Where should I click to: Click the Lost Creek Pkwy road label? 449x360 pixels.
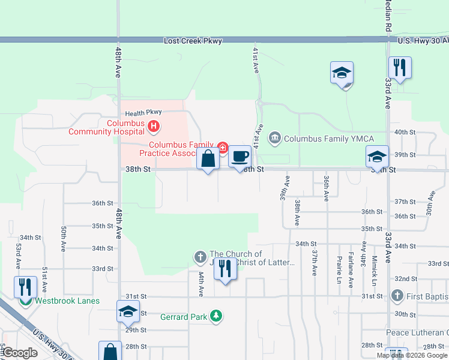193,41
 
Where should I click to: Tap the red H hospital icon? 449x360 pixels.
154,127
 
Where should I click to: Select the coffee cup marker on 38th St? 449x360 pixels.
240,157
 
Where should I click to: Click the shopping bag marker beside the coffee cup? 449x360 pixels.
208,160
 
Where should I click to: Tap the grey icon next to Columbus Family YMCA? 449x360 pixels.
275,139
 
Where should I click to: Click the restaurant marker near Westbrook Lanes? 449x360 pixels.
25,286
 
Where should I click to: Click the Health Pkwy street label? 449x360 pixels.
143,113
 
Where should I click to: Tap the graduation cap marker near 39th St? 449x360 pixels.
378,157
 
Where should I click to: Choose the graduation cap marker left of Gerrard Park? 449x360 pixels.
127,311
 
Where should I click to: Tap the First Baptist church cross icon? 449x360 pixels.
396,296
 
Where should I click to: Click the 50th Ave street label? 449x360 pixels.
63,238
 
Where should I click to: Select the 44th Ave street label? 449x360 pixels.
200,283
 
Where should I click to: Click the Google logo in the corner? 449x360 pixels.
20,353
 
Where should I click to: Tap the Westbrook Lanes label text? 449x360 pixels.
67,301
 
